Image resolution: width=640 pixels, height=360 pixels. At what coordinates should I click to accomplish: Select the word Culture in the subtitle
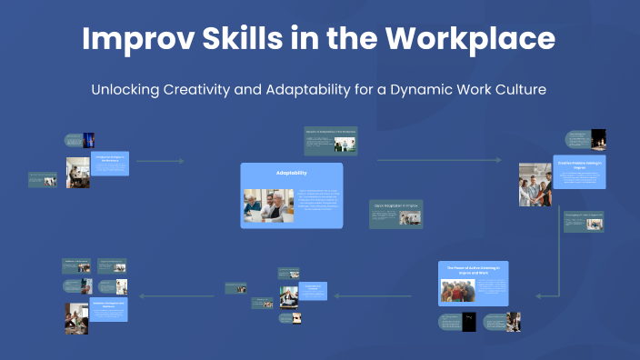[x=519, y=91]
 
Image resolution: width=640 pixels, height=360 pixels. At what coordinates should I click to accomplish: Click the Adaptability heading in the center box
[x=292, y=173]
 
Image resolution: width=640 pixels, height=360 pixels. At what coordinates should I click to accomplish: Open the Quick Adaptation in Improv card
[x=395, y=214]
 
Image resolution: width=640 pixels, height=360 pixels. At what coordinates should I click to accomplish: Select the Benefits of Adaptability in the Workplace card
[x=330, y=141]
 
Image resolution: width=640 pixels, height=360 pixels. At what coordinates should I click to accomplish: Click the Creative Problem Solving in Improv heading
[x=580, y=165]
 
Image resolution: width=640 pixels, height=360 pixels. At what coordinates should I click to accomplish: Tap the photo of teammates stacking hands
[x=535, y=185]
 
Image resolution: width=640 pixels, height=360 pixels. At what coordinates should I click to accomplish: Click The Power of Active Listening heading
[x=473, y=269]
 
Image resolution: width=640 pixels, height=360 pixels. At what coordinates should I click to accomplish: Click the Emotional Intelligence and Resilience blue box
[x=109, y=310]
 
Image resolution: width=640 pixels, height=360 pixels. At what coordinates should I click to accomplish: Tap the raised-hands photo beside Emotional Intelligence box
[x=76, y=318]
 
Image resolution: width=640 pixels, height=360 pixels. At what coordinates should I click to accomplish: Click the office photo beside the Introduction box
[x=77, y=172]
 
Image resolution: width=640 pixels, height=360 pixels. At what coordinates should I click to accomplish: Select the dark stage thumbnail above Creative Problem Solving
[x=598, y=139]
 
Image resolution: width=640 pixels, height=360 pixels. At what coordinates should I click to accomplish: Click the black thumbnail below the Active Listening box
[x=469, y=322]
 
